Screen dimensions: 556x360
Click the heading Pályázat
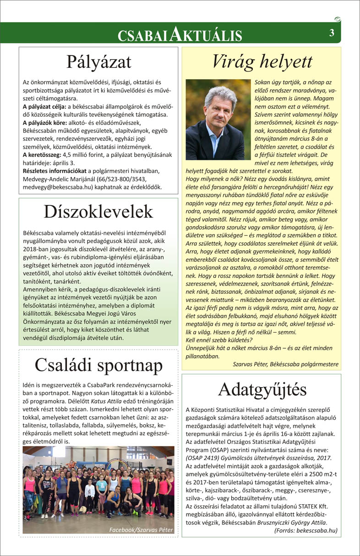point(98,61)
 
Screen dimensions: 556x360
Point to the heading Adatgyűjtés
point(262,389)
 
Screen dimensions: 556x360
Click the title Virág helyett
point(262,61)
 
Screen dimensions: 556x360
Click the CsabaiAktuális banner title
point(180,34)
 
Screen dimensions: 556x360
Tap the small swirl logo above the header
point(338,19)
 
